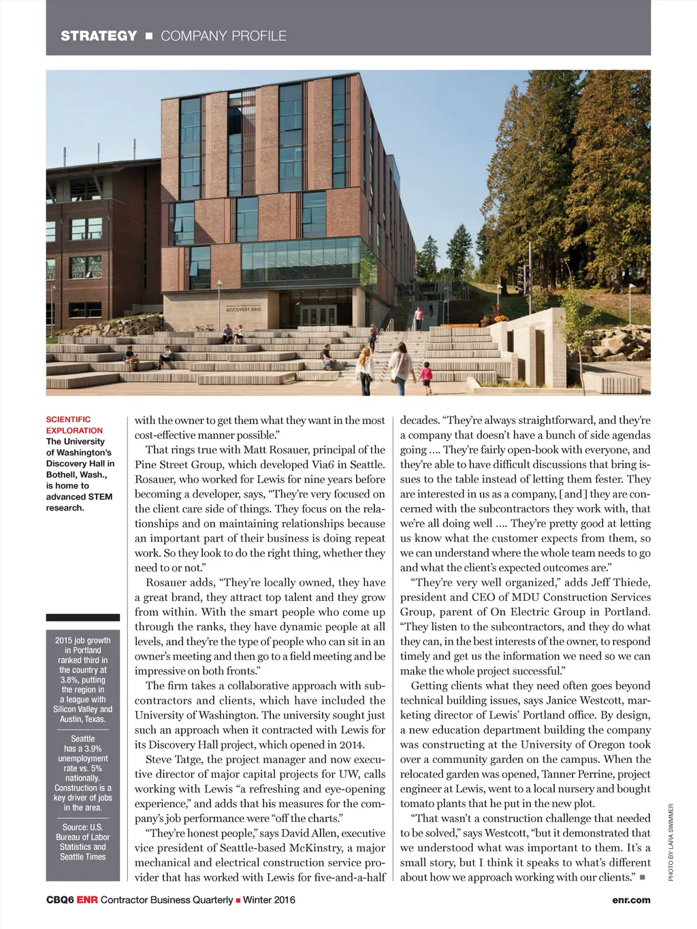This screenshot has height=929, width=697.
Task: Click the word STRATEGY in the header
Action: coord(99,36)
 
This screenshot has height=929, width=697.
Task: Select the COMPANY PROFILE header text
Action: coord(223,36)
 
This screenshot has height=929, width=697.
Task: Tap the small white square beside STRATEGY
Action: coord(149,36)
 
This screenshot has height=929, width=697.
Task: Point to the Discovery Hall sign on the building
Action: coord(243,308)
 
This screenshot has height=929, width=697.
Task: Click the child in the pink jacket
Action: coord(427,374)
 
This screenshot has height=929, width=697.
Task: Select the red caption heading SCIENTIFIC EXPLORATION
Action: coord(74,425)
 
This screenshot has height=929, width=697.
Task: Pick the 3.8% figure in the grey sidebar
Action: coord(69,679)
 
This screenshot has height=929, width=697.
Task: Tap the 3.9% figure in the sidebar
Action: coord(93,749)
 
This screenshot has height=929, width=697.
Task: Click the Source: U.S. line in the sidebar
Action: coord(82,827)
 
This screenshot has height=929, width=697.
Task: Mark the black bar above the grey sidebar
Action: coord(82,617)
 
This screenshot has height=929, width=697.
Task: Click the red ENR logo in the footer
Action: coord(87,900)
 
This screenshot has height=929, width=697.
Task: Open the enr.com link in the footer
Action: coord(631,900)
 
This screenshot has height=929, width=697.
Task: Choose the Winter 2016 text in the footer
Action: coord(269,900)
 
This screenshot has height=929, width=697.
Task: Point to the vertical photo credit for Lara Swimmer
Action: coord(670,843)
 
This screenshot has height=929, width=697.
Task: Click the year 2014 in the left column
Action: coord(351,745)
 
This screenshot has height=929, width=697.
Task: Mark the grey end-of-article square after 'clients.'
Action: coord(642,877)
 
